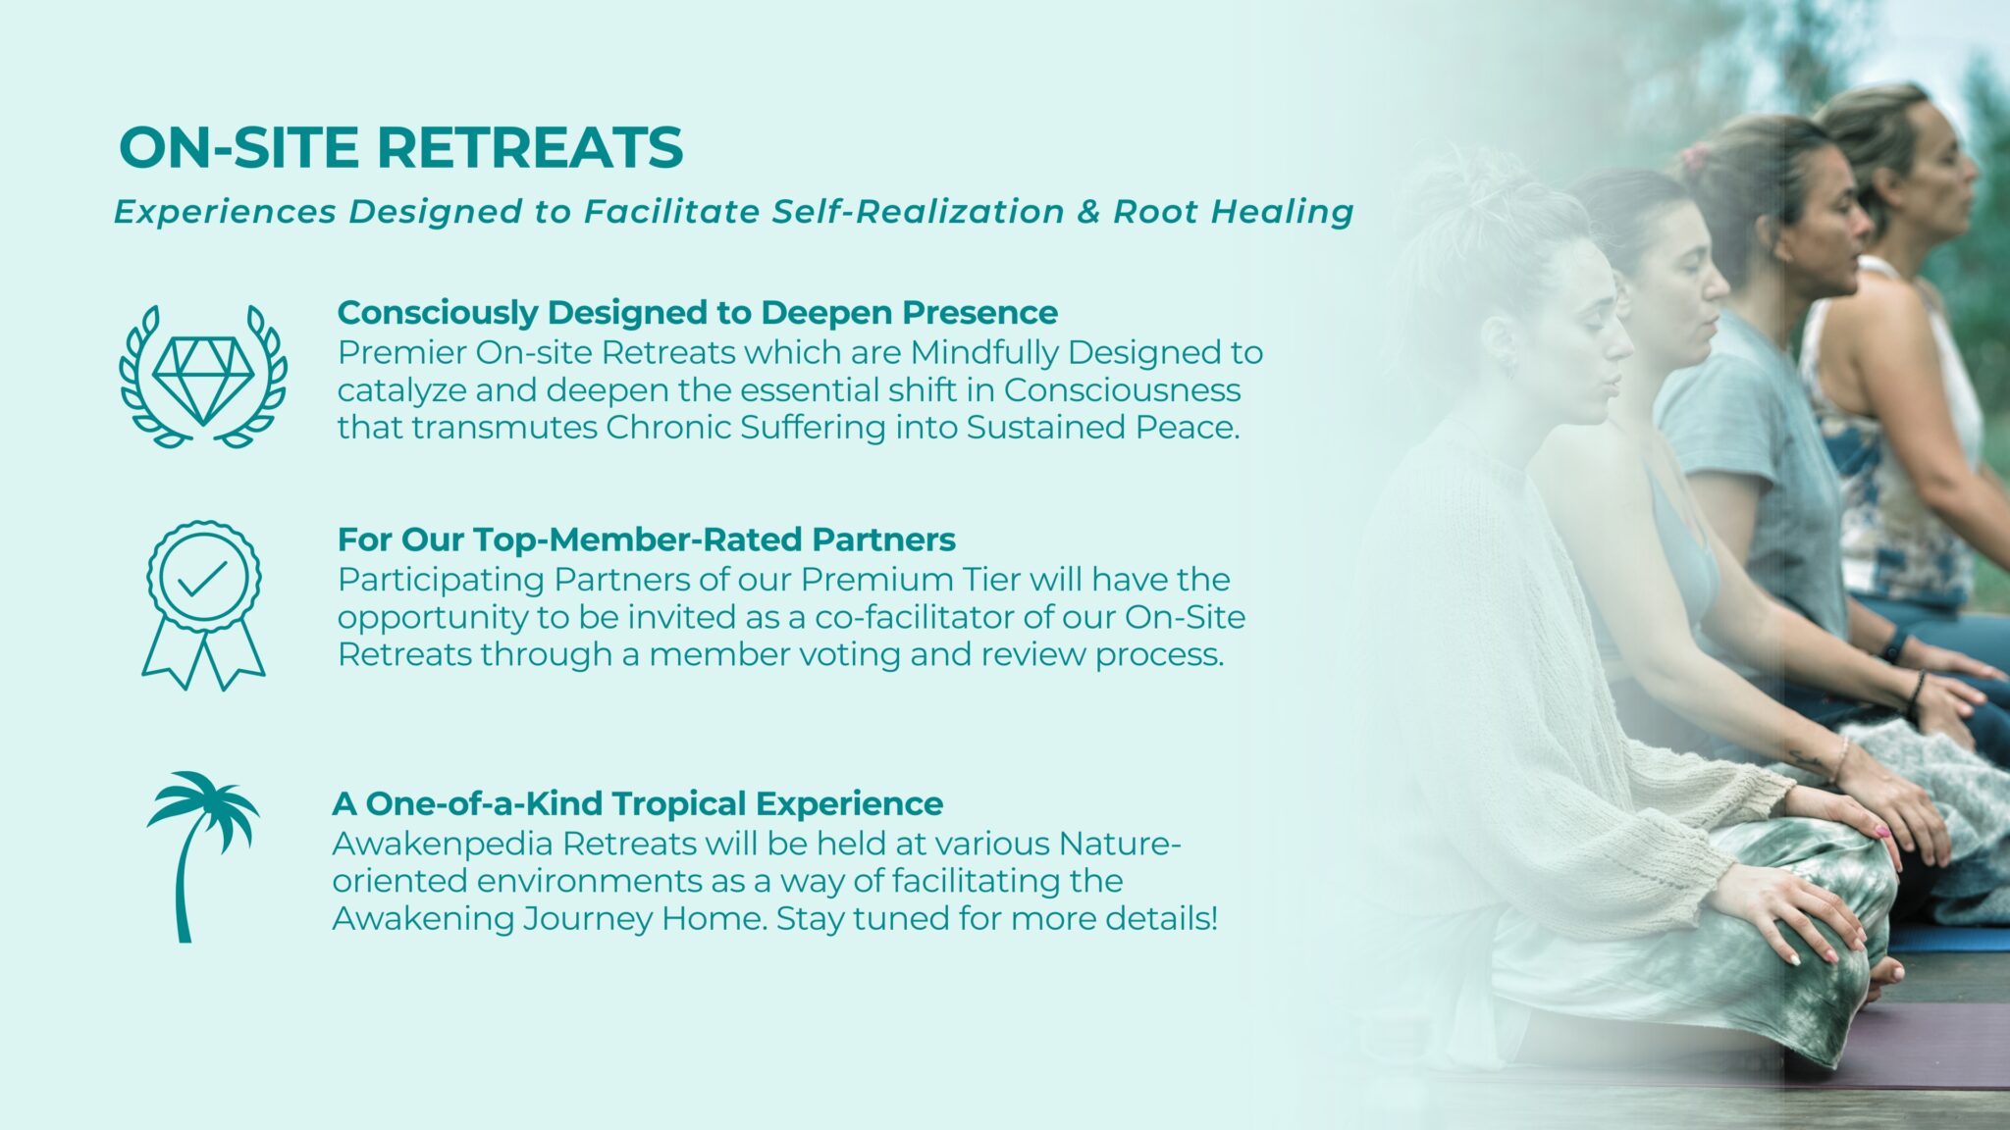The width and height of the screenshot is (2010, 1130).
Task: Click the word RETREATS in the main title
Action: coord(530,148)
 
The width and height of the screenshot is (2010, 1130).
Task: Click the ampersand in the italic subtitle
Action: coord(1088,212)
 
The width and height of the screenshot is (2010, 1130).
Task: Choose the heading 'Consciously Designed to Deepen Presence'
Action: coord(697,312)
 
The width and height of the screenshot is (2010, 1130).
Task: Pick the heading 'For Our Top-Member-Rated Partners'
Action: coord(646,539)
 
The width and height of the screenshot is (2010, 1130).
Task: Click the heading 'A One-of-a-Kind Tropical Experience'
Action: coord(637,803)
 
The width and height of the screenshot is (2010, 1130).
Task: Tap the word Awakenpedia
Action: coord(443,845)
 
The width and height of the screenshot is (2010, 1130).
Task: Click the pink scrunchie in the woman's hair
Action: coord(1695,154)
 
